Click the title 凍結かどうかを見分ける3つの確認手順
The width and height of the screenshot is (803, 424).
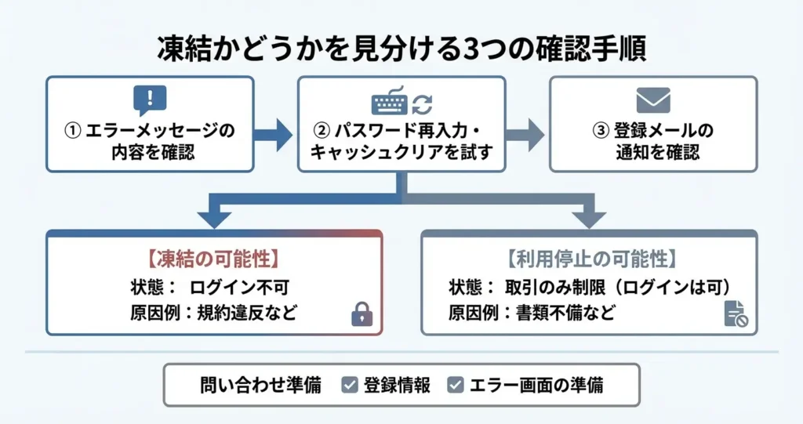401,49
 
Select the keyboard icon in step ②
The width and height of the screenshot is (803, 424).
389,103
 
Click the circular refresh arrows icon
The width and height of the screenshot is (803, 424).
423,103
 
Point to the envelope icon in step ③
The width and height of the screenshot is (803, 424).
652,100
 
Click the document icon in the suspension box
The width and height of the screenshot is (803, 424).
735,313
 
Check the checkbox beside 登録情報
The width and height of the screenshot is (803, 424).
350,386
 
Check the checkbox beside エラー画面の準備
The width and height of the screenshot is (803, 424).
456,386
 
